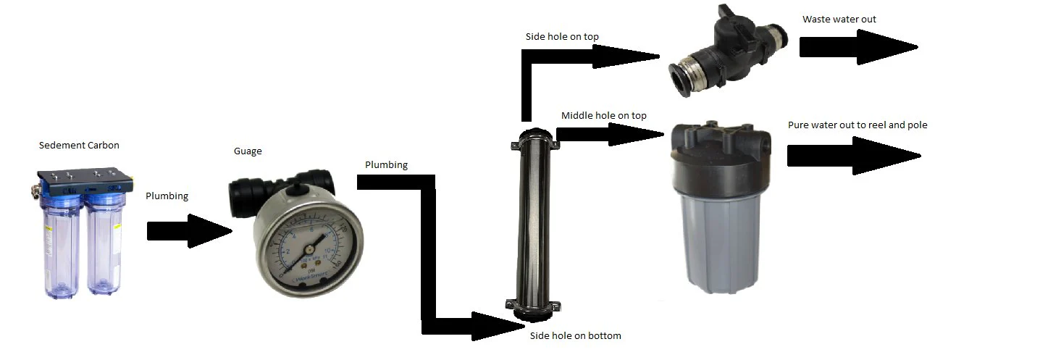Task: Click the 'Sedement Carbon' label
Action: pyautogui.click(x=79, y=146)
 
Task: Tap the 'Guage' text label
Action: pyautogui.click(x=248, y=151)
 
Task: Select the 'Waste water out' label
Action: pyautogui.click(x=839, y=20)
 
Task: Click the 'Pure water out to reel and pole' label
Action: pyautogui.click(x=857, y=125)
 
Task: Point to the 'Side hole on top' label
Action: pyautogui.click(x=562, y=36)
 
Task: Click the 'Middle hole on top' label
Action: pyautogui.click(x=603, y=116)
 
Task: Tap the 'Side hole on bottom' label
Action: pyautogui.click(x=575, y=335)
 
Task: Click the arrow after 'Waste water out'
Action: pyautogui.click(x=859, y=47)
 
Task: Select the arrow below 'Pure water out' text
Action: pyautogui.click(x=854, y=155)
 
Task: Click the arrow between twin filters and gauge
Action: pyautogui.click(x=190, y=231)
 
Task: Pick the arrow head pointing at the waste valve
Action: pyautogui.click(x=625, y=56)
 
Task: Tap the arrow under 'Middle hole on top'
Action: pyautogui.click(x=610, y=135)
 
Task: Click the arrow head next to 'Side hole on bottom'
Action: pyautogui.click(x=498, y=326)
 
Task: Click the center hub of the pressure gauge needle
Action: pyautogui.click(x=309, y=249)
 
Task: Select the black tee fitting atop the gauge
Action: pyautogui.click(x=281, y=191)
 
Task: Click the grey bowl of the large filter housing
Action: pyautogui.click(x=721, y=242)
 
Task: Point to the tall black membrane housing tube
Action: pyautogui.click(x=534, y=225)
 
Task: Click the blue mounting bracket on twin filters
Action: pyautogui.click(x=84, y=183)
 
